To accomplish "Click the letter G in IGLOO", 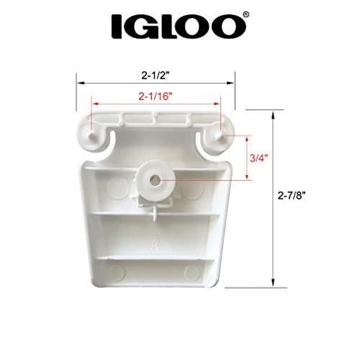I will coord(144,27).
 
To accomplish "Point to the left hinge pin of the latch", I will coord(92,132).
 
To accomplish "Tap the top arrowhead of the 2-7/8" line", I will coord(272,114).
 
